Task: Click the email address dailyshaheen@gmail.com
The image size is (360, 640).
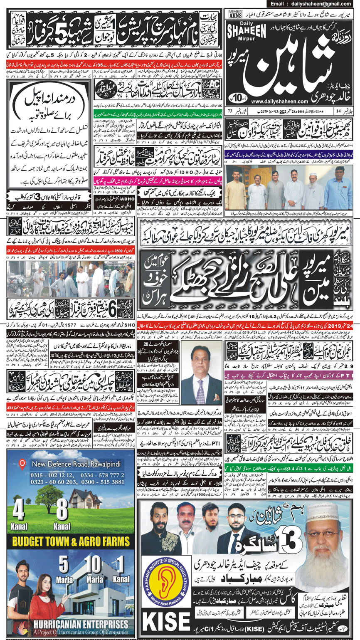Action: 315,3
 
